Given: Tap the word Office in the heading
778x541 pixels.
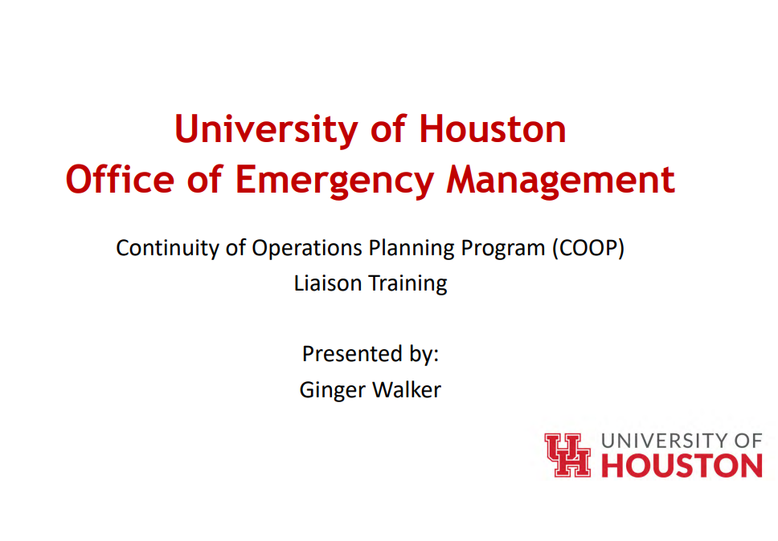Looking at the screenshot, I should (111, 180).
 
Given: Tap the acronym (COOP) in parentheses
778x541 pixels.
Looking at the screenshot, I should (588, 248).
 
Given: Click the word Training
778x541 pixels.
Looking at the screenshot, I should (407, 284).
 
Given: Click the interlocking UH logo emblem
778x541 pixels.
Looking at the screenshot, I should (567, 455).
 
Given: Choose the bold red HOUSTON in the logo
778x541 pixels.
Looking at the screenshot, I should (682, 466).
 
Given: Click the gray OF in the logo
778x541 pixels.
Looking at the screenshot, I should (748, 440).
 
